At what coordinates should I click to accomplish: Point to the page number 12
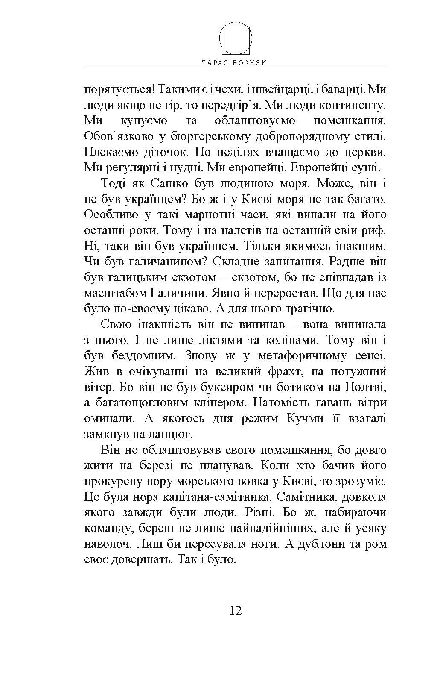click(x=236, y=611)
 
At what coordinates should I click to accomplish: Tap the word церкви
click(x=367, y=152)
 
